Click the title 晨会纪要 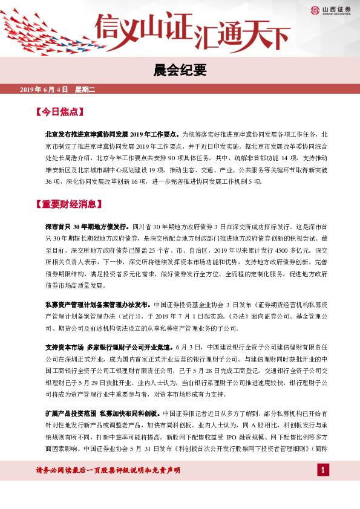(x=180, y=70)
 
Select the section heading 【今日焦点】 (x=59, y=112)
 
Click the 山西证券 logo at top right (x=331, y=10)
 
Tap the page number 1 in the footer (x=324, y=470)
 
